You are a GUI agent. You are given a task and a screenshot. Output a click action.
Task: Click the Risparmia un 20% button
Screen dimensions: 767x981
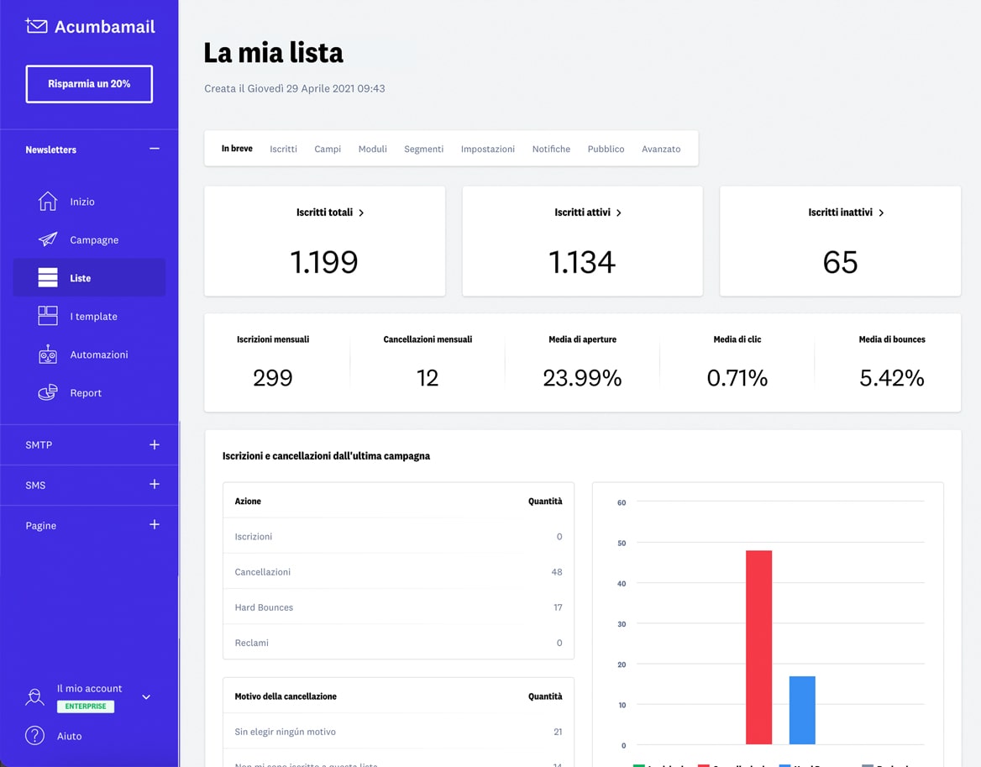tap(89, 84)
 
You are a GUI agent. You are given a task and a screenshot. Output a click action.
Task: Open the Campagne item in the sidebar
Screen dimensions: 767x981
tap(93, 240)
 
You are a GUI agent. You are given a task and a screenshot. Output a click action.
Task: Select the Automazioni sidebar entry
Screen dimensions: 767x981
tap(98, 355)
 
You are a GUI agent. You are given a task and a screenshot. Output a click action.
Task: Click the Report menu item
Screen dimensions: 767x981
tap(85, 393)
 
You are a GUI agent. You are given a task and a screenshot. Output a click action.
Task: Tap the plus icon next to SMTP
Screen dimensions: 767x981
tap(155, 444)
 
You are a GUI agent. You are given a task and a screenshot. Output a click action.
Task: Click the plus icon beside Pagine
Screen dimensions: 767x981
tap(155, 525)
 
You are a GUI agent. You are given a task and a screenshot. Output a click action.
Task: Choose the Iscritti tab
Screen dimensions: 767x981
tap(283, 149)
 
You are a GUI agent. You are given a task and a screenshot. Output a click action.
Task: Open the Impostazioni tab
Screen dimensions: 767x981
tap(487, 149)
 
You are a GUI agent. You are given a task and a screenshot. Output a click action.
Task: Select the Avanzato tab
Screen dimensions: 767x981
tap(661, 149)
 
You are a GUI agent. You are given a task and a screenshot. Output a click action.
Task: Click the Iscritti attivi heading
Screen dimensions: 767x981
tap(582, 213)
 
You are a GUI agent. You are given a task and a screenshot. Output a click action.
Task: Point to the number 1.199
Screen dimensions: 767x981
tap(324, 262)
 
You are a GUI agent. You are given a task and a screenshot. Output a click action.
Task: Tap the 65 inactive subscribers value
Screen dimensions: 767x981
tap(840, 262)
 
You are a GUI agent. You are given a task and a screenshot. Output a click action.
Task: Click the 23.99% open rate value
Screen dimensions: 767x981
tap(582, 378)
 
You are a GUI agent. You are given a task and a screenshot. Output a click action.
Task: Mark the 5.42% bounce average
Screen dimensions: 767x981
tap(891, 378)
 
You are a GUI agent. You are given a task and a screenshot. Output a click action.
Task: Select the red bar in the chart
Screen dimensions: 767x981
tap(758, 647)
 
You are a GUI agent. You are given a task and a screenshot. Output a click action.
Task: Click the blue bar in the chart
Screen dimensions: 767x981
tap(802, 710)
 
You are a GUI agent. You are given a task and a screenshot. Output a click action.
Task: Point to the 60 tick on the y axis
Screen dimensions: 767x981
tap(622, 502)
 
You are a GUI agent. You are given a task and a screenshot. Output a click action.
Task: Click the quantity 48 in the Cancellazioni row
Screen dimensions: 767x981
tap(557, 572)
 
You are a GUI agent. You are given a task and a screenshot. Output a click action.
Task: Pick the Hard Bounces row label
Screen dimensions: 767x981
tap(264, 607)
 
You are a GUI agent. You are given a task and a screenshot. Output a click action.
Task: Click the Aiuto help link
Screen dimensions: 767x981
tap(69, 736)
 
